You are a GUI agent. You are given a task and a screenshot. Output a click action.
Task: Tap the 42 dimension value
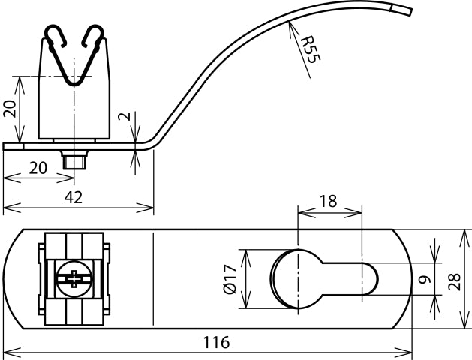72,196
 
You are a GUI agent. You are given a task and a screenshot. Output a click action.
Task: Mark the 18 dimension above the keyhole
328,201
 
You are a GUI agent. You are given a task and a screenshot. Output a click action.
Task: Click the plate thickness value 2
125,117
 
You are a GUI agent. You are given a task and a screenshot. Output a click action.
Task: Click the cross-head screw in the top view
73,279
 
